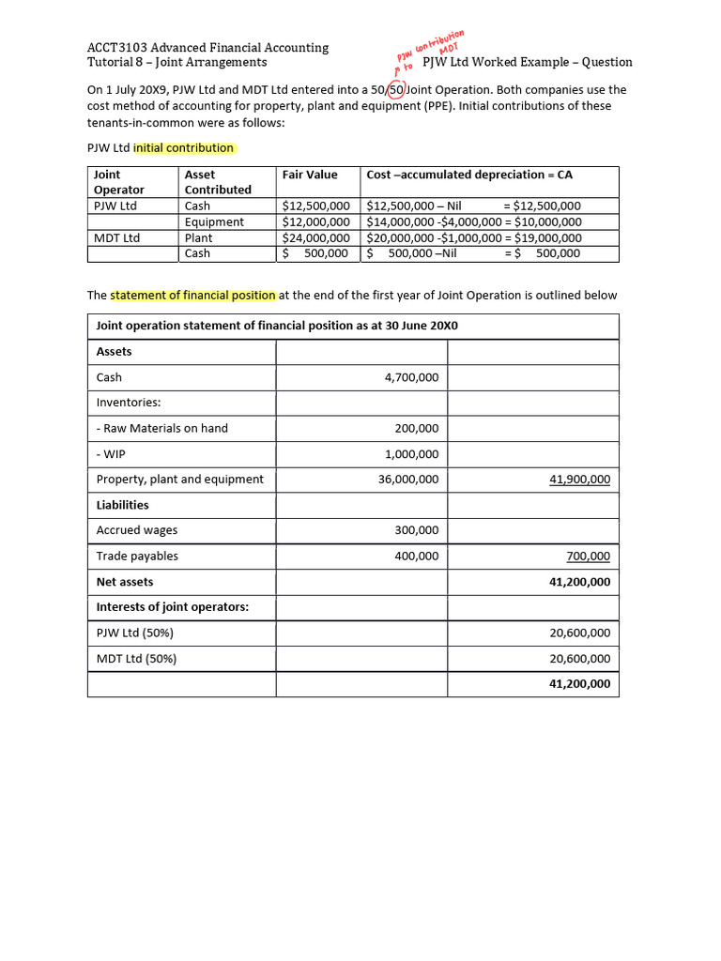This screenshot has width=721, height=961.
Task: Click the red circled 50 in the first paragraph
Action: [396, 90]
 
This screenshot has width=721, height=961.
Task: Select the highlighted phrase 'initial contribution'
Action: [184, 148]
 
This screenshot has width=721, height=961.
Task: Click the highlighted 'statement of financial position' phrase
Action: [193, 295]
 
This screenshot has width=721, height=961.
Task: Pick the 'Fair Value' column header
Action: [310, 175]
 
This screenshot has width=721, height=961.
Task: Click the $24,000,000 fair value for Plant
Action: [315, 237]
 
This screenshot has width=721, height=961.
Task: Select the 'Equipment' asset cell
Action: [214, 221]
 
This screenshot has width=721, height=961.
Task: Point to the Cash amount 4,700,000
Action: [411, 377]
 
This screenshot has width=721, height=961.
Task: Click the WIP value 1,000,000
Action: [411, 454]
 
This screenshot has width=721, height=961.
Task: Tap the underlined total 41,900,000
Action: [579, 480]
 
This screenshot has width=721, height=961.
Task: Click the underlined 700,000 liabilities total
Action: [591, 557]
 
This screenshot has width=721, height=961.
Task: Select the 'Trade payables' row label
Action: [137, 557]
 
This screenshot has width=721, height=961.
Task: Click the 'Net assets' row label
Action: [125, 582]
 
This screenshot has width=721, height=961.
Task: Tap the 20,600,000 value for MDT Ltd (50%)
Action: [579, 659]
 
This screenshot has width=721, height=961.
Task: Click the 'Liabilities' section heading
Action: [123, 505]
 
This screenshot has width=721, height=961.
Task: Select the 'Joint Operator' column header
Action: [119, 182]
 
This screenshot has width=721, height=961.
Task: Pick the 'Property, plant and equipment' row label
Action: [180, 480]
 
